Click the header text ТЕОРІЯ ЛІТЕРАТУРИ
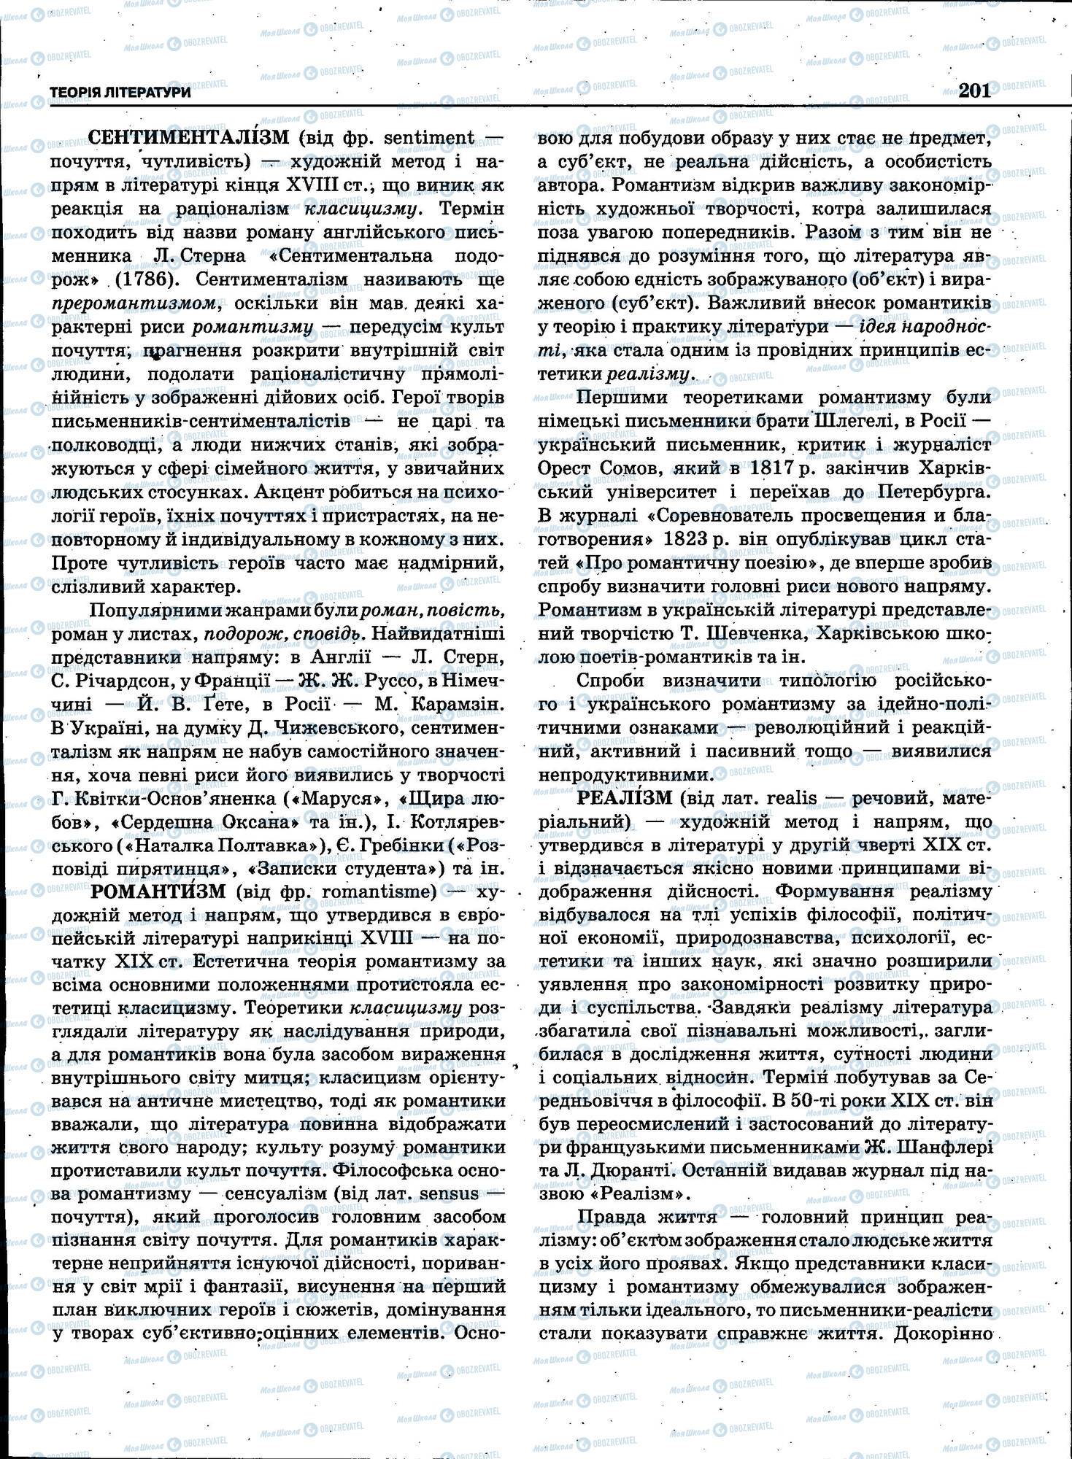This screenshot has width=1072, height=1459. (x=120, y=93)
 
